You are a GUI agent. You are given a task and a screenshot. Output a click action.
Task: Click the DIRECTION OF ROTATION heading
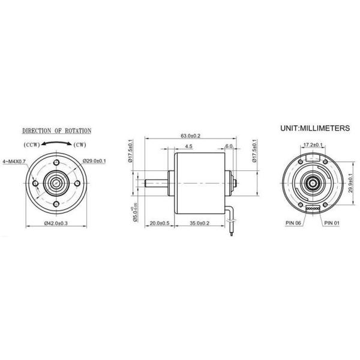57,130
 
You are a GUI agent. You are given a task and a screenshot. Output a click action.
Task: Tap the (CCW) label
32,145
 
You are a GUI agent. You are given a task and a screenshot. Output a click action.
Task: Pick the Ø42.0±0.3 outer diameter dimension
58,223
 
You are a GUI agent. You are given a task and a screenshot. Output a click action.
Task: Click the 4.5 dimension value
188,146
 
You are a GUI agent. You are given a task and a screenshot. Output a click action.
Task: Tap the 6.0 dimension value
229,146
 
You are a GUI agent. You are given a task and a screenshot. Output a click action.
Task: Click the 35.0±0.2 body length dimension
199,223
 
